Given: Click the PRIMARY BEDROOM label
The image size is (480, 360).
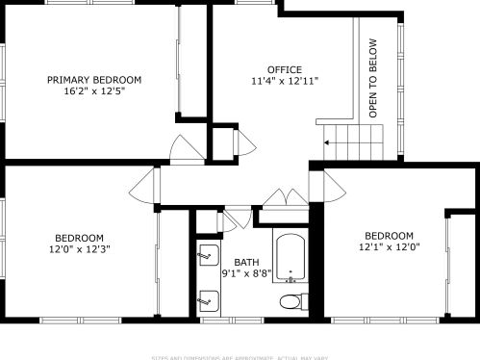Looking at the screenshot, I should click(94, 80).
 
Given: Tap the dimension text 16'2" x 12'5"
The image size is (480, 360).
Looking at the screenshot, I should click(94, 92).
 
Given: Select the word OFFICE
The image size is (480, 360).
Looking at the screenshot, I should click(285, 69).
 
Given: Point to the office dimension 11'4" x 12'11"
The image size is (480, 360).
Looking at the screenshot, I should click(285, 82).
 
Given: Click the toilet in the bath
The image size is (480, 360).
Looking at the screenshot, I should click(290, 302).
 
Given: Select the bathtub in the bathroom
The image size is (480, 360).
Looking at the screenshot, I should click(289, 257).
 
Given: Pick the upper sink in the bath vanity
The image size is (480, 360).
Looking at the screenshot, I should click(206, 257).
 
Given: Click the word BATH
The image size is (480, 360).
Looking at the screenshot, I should click(246, 262).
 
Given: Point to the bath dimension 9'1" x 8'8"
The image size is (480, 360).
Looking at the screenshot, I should click(246, 273).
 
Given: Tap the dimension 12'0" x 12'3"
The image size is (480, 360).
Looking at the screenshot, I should click(80, 249).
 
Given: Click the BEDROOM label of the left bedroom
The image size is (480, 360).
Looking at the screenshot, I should click(80, 237).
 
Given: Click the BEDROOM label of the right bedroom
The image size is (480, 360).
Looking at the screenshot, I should click(388, 236).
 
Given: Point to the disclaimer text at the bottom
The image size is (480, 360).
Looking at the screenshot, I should click(240, 355).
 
